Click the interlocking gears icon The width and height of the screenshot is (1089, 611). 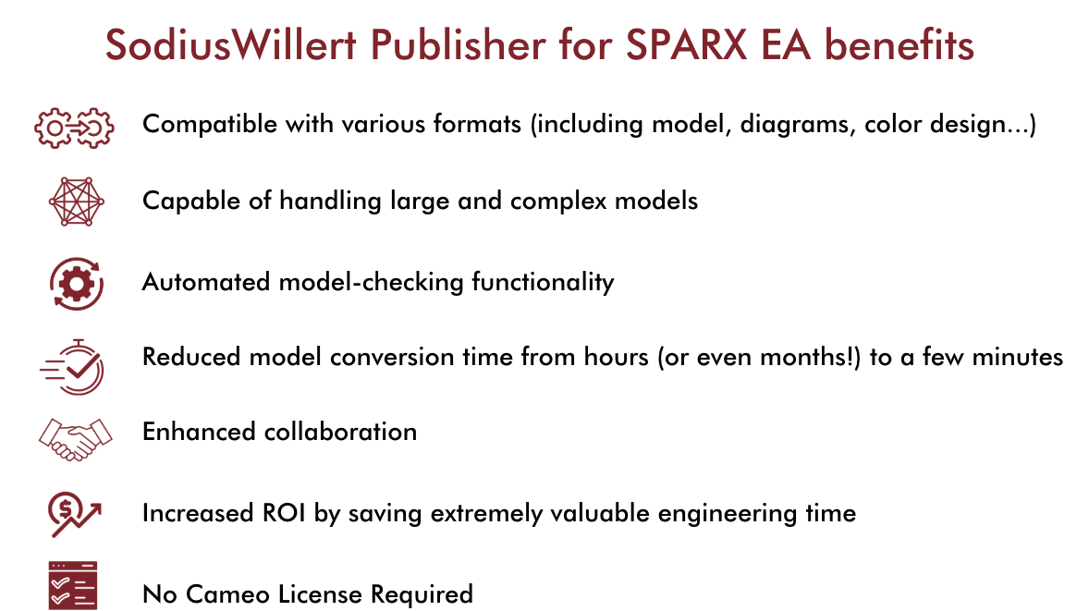pyautogui.click(x=73, y=126)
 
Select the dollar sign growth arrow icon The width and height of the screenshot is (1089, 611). pyautogui.click(x=75, y=512)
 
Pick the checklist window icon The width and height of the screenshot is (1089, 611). pyautogui.click(x=73, y=585)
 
